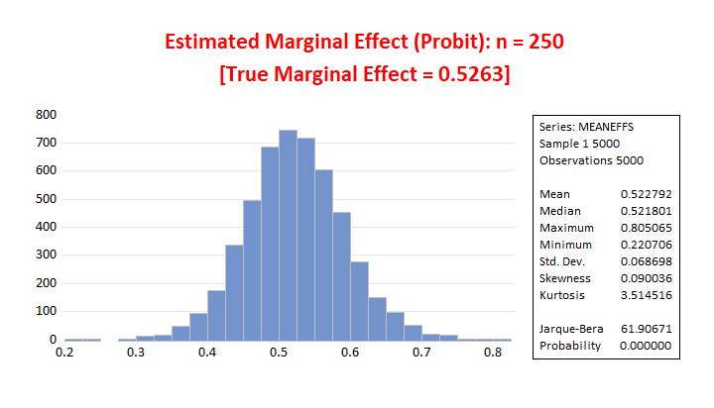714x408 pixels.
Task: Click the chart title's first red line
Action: (364, 43)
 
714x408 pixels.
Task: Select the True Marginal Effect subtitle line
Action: (364, 75)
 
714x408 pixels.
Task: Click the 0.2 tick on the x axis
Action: (65, 353)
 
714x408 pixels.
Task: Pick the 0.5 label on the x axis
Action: (279, 353)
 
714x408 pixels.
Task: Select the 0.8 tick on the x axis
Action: (492, 353)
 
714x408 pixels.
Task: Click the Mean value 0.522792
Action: (646, 194)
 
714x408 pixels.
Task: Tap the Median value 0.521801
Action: (646, 211)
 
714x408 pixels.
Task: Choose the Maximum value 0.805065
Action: (646, 228)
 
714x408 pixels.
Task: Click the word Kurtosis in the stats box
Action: (562, 295)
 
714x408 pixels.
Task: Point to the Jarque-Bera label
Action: (568, 328)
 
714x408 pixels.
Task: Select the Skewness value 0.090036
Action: (646, 278)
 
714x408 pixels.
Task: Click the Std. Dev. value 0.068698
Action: (646, 261)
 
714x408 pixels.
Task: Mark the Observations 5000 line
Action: (591, 160)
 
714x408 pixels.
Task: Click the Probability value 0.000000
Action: (646, 345)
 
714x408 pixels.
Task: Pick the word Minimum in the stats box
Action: (565, 245)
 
